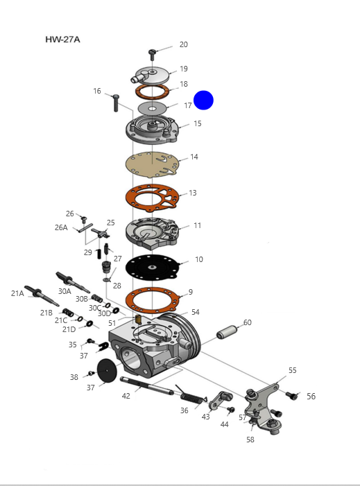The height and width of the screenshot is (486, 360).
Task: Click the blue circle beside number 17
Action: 203,100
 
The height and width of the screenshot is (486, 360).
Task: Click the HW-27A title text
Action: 62,40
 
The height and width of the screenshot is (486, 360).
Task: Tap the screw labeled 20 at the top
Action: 152,55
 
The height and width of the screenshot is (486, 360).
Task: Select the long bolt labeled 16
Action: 116,103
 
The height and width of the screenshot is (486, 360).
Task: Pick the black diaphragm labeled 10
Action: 152,267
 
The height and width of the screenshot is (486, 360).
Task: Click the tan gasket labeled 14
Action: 152,164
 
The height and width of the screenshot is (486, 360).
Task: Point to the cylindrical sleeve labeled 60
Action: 228,331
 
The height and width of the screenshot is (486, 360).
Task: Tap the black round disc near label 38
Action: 107,370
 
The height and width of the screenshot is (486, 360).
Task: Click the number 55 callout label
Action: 293,370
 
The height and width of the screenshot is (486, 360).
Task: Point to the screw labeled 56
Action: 291,396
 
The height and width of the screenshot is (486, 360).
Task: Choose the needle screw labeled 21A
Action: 42,295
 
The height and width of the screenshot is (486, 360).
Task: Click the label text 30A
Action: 65,291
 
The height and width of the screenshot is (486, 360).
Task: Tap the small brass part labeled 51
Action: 139,319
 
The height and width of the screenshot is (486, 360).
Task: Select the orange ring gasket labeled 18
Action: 152,92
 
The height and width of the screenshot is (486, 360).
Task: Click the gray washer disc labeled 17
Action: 152,108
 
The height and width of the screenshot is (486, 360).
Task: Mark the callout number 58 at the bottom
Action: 250,440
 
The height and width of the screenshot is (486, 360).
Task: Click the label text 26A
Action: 61,227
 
